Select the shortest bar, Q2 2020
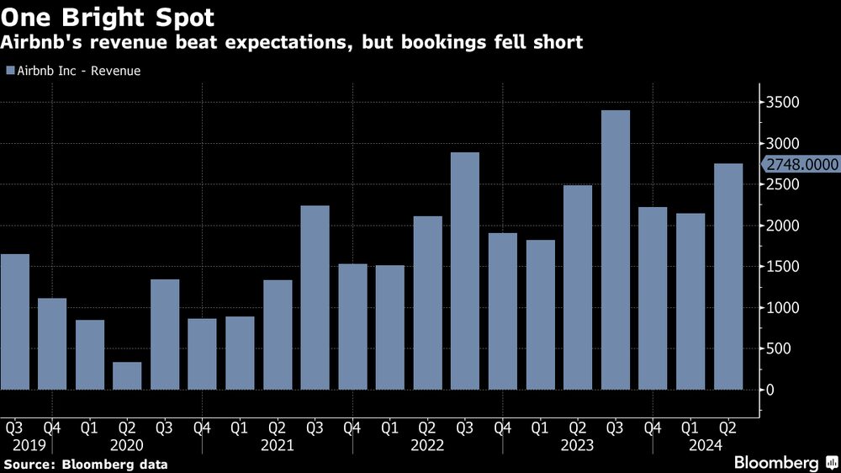coord(127,375)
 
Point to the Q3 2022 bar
coord(465,270)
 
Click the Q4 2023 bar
coord(653,298)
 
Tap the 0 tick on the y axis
coord(770,390)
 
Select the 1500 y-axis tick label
coord(782,267)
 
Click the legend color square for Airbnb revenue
coord(9,72)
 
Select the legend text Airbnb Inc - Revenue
coord(79,72)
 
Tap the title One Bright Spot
coord(107,16)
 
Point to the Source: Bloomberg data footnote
coord(86,464)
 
